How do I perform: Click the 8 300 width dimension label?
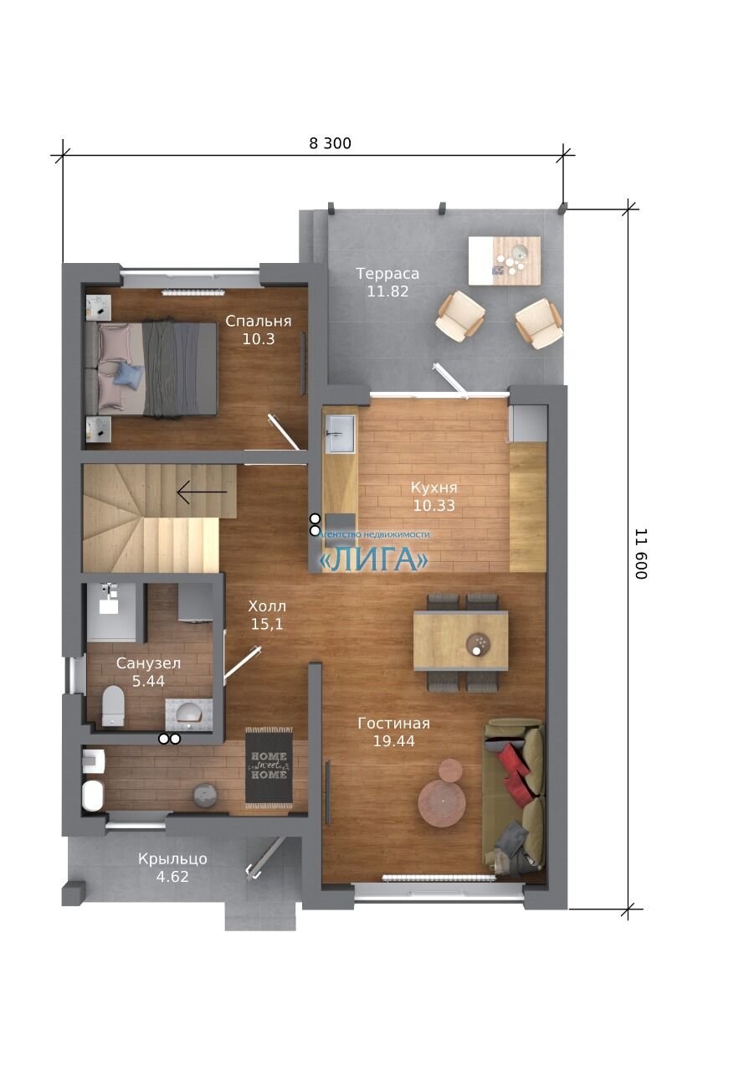tap(330, 143)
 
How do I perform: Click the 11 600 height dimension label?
tap(641, 554)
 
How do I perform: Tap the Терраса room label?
tap(387, 274)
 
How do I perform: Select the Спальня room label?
tap(259, 321)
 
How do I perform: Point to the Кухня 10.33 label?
tap(433, 497)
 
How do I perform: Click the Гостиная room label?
tap(393, 723)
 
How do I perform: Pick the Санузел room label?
tap(148, 663)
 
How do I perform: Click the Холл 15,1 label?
tap(267, 615)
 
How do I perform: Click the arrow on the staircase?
tap(202, 492)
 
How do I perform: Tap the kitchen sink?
tap(340, 434)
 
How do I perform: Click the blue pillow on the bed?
tap(128, 374)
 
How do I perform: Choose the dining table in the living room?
tap(460, 641)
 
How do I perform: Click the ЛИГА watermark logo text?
tap(373, 559)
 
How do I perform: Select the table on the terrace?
tap(504, 260)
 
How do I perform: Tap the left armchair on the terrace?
tap(460, 317)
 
